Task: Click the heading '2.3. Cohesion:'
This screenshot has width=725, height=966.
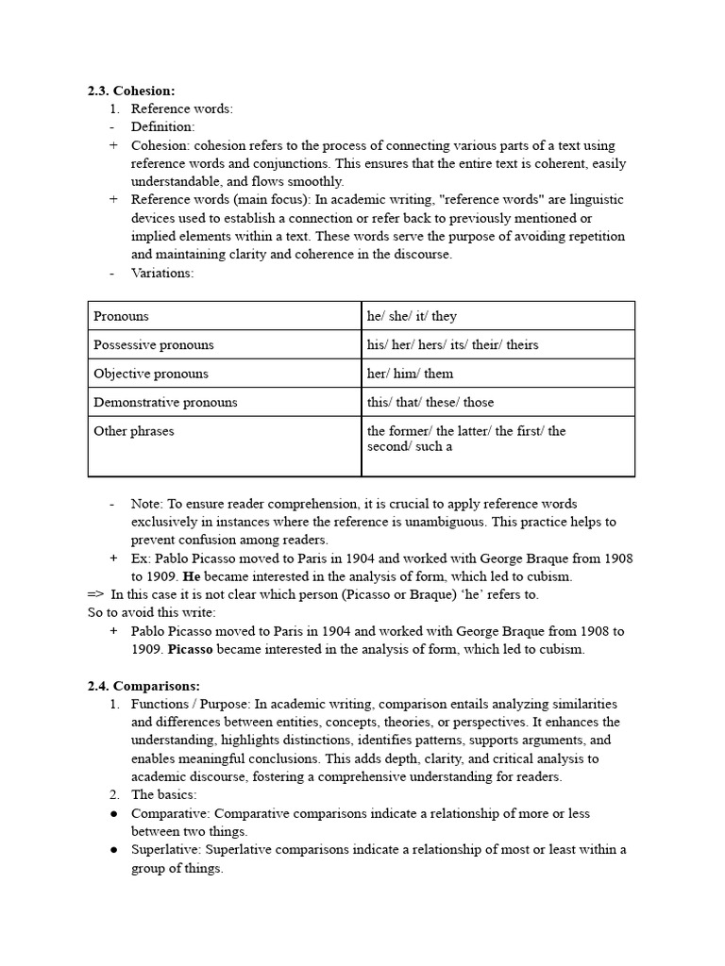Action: (x=131, y=91)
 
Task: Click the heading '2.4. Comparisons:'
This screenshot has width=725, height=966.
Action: (x=143, y=686)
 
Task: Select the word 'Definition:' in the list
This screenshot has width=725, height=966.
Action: (x=162, y=127)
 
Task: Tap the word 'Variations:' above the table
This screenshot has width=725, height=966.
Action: (x=162, y=273)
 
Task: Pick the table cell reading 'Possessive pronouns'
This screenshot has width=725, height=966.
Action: (x=154, y=344)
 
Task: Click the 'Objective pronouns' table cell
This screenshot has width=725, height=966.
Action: (x=151, y=374)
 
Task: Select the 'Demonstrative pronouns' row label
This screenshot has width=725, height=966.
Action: (x=165, y=402)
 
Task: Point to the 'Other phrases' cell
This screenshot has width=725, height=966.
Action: (x=134, y=431)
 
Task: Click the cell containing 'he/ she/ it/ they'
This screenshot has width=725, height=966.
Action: (x=412, y=316)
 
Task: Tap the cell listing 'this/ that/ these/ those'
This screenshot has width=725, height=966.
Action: (x=430, y=402)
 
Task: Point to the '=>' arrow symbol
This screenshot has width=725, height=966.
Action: (x=95, y=594)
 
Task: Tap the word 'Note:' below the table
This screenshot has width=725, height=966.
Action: (x=148, y=504)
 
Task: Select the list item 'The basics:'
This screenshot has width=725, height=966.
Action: (x=163, y=795)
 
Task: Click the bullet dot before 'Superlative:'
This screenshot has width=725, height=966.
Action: (x=113, y=850)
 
